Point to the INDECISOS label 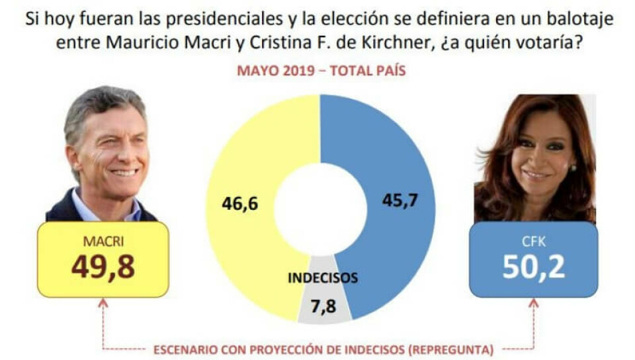pos(322,278)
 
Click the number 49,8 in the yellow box pos(103,267)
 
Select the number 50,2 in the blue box pos(533,266)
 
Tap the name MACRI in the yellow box pos(103,242)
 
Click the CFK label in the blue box pos(533,242)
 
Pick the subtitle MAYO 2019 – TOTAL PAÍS pos(321,71)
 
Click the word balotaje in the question pos(583,19)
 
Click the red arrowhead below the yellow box pos(103,303)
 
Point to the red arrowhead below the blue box pos(533,303)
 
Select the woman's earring pos(573,168)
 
